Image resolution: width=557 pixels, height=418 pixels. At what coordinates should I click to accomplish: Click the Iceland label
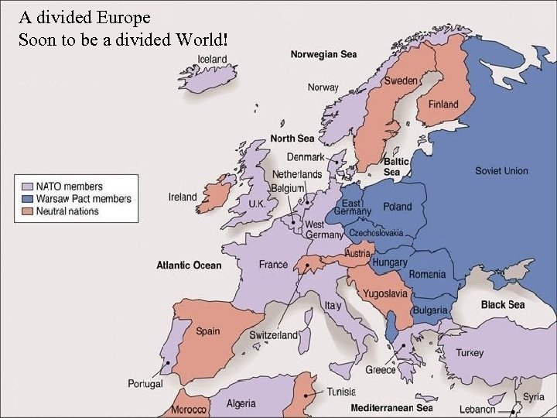212,59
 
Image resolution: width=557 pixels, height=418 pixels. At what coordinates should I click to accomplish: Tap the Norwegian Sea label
323,54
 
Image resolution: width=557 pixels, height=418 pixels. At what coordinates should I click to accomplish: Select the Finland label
443,104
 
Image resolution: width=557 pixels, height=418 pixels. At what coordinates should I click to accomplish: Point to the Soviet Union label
501,170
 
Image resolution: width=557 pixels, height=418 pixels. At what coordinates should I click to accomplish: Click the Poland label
398,207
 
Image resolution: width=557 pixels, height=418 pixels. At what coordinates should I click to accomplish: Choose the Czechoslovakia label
376,232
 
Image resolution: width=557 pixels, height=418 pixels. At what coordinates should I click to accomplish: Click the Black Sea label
503,304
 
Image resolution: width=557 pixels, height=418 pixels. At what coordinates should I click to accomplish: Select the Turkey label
470,352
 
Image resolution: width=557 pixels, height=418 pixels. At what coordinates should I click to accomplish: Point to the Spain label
207,331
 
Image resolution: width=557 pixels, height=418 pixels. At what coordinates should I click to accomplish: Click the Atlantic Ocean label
189,265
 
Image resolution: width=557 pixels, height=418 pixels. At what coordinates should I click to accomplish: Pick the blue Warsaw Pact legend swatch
27,199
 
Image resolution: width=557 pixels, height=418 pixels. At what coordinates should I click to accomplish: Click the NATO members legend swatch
27,187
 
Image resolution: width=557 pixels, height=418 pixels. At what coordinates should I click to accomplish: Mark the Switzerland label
273,335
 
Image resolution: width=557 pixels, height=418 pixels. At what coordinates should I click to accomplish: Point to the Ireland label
183,197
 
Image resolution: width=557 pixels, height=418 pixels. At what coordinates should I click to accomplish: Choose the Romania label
427,274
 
